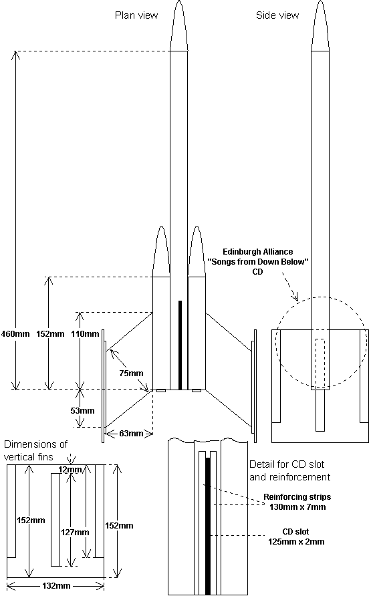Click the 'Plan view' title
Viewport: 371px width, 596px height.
coord(136,15)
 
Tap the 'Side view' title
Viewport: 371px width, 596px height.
coord(277,15)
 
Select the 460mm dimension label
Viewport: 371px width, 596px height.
coord(15,334)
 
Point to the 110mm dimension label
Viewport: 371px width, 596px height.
coord(85,334)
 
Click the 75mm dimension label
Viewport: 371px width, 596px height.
coord(131,374)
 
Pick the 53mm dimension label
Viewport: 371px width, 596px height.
coord(82,411)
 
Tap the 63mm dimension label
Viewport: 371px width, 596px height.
coord(131,434)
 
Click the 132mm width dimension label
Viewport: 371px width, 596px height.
coord(56,586)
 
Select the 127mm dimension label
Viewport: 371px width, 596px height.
coord(76,533)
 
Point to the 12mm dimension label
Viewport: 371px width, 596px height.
coord(70,470)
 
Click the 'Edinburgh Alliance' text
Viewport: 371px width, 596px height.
coord(258,252)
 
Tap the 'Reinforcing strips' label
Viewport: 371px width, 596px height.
coord(297,497)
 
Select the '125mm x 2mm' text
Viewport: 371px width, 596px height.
coord(297,542)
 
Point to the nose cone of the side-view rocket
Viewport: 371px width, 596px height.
coord(320,26)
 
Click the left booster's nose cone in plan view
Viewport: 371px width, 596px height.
coord(161,251)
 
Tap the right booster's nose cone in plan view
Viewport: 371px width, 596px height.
coord(197,251)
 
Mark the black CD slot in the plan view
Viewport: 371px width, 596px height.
coord(180,345)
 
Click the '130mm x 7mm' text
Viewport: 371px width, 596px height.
coord(297,506)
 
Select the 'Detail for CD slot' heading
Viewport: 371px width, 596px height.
coord(287,464)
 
